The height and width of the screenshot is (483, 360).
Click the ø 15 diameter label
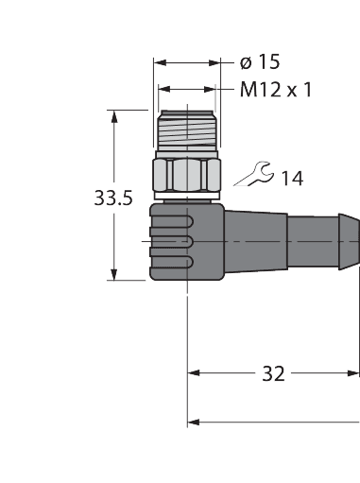point(261,62)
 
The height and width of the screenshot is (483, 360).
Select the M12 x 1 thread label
point(276,90)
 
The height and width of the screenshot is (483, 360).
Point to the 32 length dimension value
point(273,373)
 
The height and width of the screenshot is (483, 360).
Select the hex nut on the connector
point(186,174)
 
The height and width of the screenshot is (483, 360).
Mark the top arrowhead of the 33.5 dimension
point(115,115)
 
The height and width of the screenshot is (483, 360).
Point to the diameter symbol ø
point(246,62)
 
